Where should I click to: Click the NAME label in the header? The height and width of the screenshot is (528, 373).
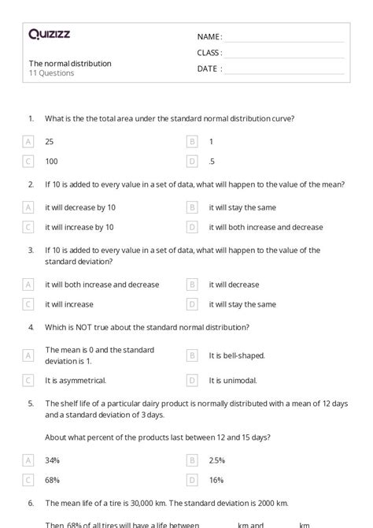pyautogui.click(x=209, y=37)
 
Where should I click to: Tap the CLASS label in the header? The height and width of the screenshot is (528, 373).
pyautogui.click(x=209, y=53)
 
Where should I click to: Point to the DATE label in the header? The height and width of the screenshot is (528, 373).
pyautogui.click(x=209, y=69)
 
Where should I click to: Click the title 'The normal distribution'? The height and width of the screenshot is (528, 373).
pyautogui.click(x=70, y=63)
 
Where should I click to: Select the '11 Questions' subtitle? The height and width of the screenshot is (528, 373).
pyautogui.click(x=52, y=73)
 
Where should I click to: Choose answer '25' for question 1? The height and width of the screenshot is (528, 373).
pyautogui.click(x=50, y=142)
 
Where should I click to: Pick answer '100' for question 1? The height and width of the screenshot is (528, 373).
pyautogui.click(x=52, y=161)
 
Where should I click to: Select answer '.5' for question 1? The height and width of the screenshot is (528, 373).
pyautogui.click(x=212, y=161)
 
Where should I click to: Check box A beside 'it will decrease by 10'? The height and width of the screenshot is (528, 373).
pyautogui.click(x=28, y=207)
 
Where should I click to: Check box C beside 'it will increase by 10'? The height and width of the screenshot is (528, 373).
pyautogui.click(x=28, y=227)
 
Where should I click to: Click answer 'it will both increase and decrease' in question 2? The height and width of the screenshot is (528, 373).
pyautogui.click(x=265, y=227)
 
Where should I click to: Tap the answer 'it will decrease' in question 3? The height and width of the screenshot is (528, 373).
pyautogui.click(x=234, y=284)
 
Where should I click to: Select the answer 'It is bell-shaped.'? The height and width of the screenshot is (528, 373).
pyautogui.click(x=237, y=355)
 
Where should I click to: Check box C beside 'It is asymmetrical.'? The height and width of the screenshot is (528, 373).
pyautogui.click(x=28, y=380)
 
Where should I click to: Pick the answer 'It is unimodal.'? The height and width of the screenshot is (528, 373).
pyautogui.click(x=235, y=380)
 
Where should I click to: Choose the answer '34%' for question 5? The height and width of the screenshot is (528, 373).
pyautogui.click(x=53, y=460)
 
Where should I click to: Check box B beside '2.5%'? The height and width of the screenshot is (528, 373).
pyautogui.click(x=192, y=460)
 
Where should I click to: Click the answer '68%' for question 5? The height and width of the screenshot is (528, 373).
pyautogui.click(x=53, y=480)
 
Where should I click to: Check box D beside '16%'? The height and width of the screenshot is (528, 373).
pyautogui.click(x=192, y=480)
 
